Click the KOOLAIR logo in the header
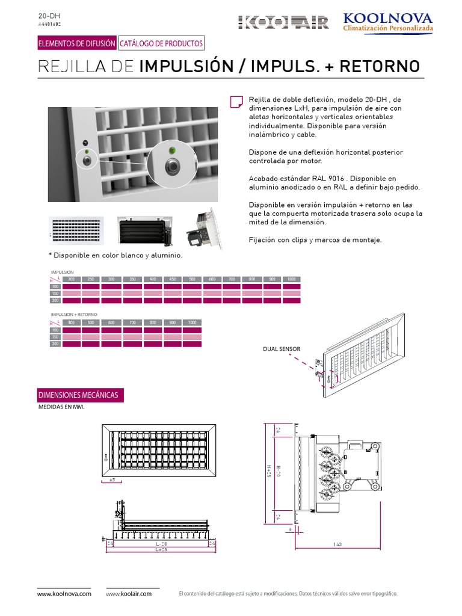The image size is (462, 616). tap(284, 23)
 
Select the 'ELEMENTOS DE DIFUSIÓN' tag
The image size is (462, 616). tap(76, 43)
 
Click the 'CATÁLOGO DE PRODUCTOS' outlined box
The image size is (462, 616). tap(161, 43)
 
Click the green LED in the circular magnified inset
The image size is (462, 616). tap(173, 149)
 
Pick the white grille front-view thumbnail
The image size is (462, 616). tap(75, 230)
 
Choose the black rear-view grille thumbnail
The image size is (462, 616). tap(145, 230)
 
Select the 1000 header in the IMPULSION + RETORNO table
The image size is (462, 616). tap(192, 323)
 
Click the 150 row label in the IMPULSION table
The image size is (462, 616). tap(55, 293)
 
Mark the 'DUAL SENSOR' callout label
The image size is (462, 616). tap(282, 349)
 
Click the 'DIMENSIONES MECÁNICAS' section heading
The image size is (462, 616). tap(78, 395)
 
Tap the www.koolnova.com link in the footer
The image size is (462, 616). tap(64, 594)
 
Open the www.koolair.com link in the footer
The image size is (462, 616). tap(129, 594)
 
